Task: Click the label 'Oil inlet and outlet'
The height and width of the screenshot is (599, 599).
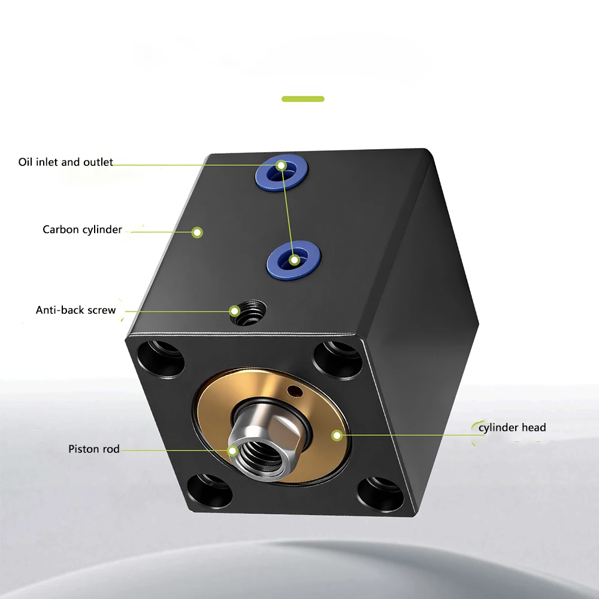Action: [65, 162]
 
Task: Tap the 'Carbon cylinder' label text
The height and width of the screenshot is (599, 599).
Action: [82, 229]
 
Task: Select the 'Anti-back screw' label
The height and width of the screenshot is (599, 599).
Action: [75, 310]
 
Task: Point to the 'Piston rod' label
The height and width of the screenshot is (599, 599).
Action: [94, 449]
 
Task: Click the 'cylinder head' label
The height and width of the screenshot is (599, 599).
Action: [512, 428]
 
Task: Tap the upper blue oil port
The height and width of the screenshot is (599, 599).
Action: [282, 173]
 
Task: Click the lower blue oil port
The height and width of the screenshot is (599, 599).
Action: [294, 260]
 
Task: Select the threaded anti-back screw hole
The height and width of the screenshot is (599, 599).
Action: [249, 313]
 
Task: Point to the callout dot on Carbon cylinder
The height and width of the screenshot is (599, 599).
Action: [197, 232]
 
